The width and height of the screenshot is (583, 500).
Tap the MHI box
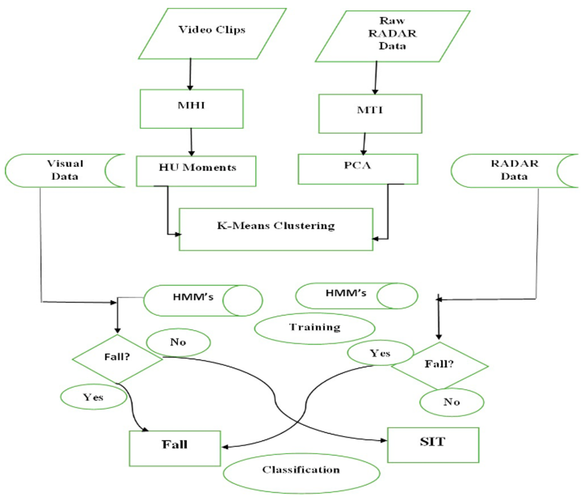pos(191,109)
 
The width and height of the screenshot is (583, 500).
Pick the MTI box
pos(370,113)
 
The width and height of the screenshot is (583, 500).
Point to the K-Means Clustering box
pos(276,229)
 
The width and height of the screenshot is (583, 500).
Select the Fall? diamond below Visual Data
pos(117,359)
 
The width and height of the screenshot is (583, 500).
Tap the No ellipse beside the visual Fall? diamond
pos(178,342)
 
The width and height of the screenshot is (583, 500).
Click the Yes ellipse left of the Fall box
pos(93,397)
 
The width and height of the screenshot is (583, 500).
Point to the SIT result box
pos(433,445)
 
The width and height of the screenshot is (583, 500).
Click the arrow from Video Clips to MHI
pos(190,74)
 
